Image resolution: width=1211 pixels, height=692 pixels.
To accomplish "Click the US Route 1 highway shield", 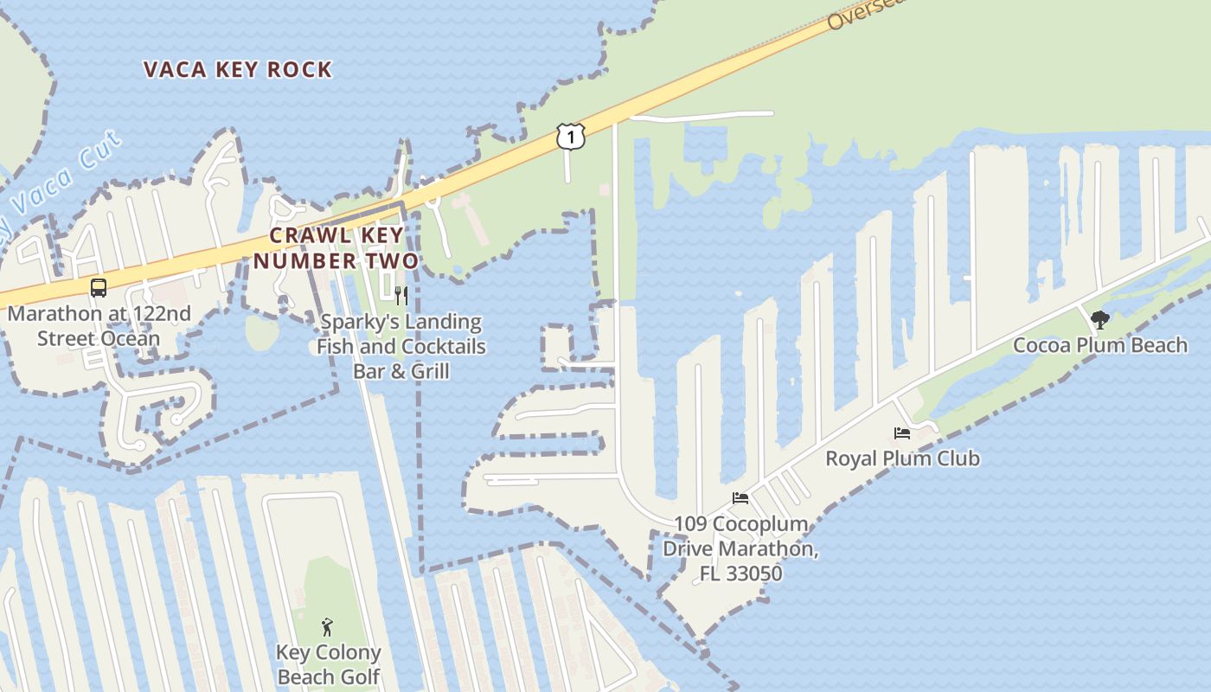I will pos(570,136).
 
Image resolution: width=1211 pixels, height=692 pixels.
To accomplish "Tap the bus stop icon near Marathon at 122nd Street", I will pos(99,288).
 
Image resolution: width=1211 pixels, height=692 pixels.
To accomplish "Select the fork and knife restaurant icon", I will pos(400,296).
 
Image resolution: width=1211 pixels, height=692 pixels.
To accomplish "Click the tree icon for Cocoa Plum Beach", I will pos(1099,321).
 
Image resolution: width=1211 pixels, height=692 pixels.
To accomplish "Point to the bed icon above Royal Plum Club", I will pos(902,432).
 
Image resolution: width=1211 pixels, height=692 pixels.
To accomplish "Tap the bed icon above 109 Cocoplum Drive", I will pos(740,498).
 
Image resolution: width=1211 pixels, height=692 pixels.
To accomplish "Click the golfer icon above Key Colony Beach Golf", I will pos(327,626).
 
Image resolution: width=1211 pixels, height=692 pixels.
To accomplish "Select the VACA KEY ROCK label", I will pos(238,70).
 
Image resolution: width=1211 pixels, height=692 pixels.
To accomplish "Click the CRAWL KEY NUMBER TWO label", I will pos(336,247).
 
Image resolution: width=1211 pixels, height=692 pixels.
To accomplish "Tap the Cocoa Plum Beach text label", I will pos(1100,345).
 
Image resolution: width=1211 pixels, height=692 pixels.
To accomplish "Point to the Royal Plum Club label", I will pos(902,458).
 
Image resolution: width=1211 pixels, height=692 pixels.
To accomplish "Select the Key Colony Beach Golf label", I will pos(328,664).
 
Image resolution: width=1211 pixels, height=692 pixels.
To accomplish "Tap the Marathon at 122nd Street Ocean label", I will pos(99,325).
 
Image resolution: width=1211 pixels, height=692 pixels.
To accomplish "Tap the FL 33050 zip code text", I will pos(740,573).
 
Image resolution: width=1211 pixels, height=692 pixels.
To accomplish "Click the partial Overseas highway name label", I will pos(856,13).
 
